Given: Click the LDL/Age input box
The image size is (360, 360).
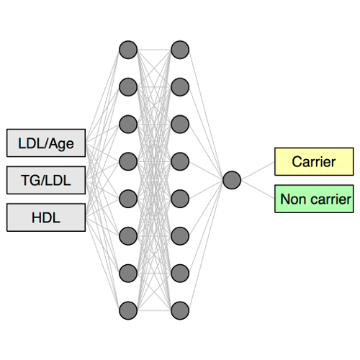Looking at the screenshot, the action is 46,143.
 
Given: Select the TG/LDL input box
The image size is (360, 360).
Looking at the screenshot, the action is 46,180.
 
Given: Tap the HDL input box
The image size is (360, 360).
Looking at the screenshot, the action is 46,217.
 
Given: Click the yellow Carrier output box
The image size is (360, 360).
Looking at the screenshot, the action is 314,161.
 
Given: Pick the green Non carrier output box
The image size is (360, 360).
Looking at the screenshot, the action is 314,199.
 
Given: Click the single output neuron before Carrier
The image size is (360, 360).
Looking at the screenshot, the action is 232,180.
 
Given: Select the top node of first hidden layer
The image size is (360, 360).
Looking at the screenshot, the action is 128,50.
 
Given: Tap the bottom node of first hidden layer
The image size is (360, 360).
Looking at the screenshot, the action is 128,310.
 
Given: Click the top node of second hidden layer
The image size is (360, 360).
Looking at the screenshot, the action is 180,50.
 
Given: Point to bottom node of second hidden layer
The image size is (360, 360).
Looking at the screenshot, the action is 180,310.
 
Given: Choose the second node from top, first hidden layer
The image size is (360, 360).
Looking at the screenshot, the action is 128,87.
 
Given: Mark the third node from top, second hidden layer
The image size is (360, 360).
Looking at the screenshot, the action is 180,125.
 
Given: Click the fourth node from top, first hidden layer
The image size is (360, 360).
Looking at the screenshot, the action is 128,161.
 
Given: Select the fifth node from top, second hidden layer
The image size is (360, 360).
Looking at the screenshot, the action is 180,199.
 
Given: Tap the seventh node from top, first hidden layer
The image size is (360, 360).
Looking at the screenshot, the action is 128,274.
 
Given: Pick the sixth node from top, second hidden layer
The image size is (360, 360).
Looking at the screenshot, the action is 180,236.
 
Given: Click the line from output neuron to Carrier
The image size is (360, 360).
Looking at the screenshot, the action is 258,171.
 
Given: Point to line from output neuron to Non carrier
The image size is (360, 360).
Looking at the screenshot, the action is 258,189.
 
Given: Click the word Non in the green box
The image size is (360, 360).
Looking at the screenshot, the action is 292,199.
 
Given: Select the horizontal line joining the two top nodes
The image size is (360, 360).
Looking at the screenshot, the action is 154,50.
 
